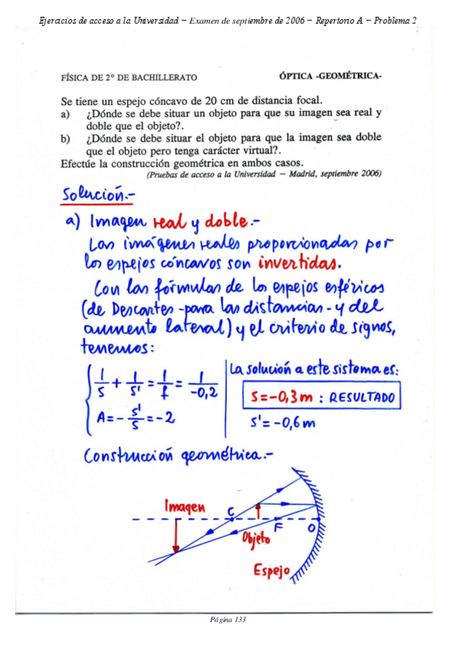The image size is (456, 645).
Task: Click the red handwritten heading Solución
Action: pyautogui.click(x=95, y=195)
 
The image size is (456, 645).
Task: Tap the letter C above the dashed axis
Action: pyautogui.click(x=231, y=510)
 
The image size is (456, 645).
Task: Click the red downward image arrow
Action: pyautogui.click(x=176, y=535)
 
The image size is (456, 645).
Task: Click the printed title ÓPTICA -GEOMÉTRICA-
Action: pyautogui.click(x=330, y=76)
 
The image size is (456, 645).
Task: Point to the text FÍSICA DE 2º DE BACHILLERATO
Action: pyautogui.click(x=129, y=77)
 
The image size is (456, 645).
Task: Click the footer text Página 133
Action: pyautogui.click(x=228, y=620)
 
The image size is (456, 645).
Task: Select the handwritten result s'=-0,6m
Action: pyautogui.click(x=282, y=423)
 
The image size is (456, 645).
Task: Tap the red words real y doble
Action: pyautogui.click(x=199, y=222)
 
